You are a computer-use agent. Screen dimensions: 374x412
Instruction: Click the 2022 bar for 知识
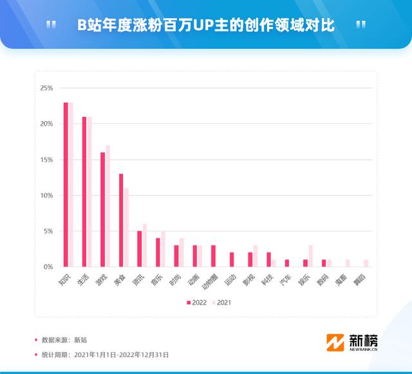[x=66, y=184]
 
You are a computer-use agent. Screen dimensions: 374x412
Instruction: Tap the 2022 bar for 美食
[x=121, y=220]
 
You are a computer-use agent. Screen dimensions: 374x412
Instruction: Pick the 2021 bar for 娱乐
[x=311, y=256]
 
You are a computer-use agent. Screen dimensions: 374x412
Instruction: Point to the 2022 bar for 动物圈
[x=213, y=256]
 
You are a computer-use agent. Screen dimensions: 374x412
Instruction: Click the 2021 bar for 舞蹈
[x=366, y=263]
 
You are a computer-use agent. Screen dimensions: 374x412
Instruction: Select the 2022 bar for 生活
[x=84, y=191]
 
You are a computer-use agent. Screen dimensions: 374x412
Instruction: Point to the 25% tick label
[x=46, y=88]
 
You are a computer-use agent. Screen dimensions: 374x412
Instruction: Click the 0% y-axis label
[x=48, y=267]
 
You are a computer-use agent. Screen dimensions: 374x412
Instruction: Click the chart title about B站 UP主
[x=206, y=25]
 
